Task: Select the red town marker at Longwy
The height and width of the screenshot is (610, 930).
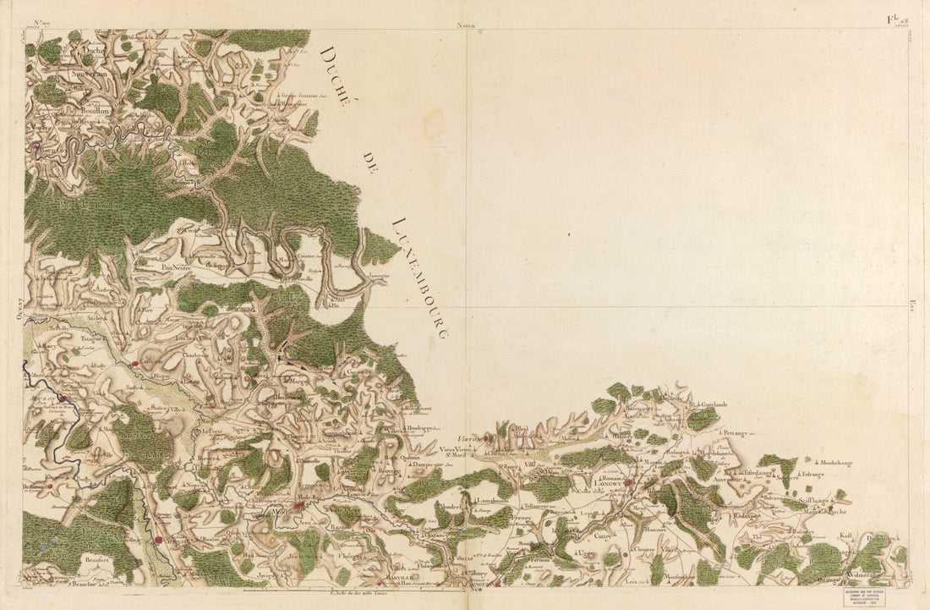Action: click(628, 483)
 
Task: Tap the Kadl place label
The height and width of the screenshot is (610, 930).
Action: click(845, 536)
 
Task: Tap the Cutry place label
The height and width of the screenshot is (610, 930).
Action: click(602, 536)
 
